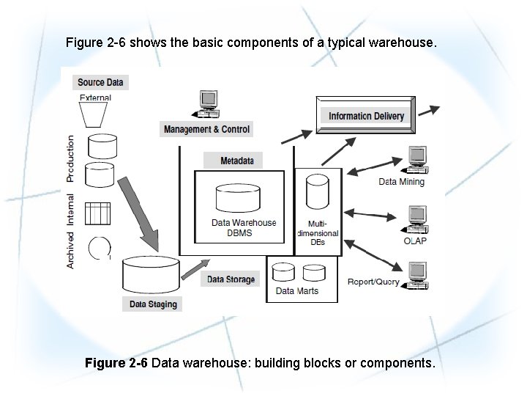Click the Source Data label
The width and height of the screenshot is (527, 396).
tap(100, 82)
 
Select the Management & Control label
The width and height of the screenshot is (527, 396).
tap(206, 129)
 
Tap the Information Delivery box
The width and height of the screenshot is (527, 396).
tap(366, 116)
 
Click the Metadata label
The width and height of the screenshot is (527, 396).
tap(236, 161)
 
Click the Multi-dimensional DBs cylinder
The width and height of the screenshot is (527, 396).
tap(317, 192)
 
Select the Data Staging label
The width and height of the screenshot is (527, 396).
tap(153, 304)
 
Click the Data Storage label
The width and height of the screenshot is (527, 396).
tap(231, 279)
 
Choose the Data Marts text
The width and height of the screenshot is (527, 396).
tap(296, 291)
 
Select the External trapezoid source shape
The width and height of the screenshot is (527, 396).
tap(96, 114)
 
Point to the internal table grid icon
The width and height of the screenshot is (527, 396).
tap(98, 213)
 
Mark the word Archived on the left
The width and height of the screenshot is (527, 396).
tap(71, 250)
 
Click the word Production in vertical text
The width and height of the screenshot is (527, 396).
tap(71, 158)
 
